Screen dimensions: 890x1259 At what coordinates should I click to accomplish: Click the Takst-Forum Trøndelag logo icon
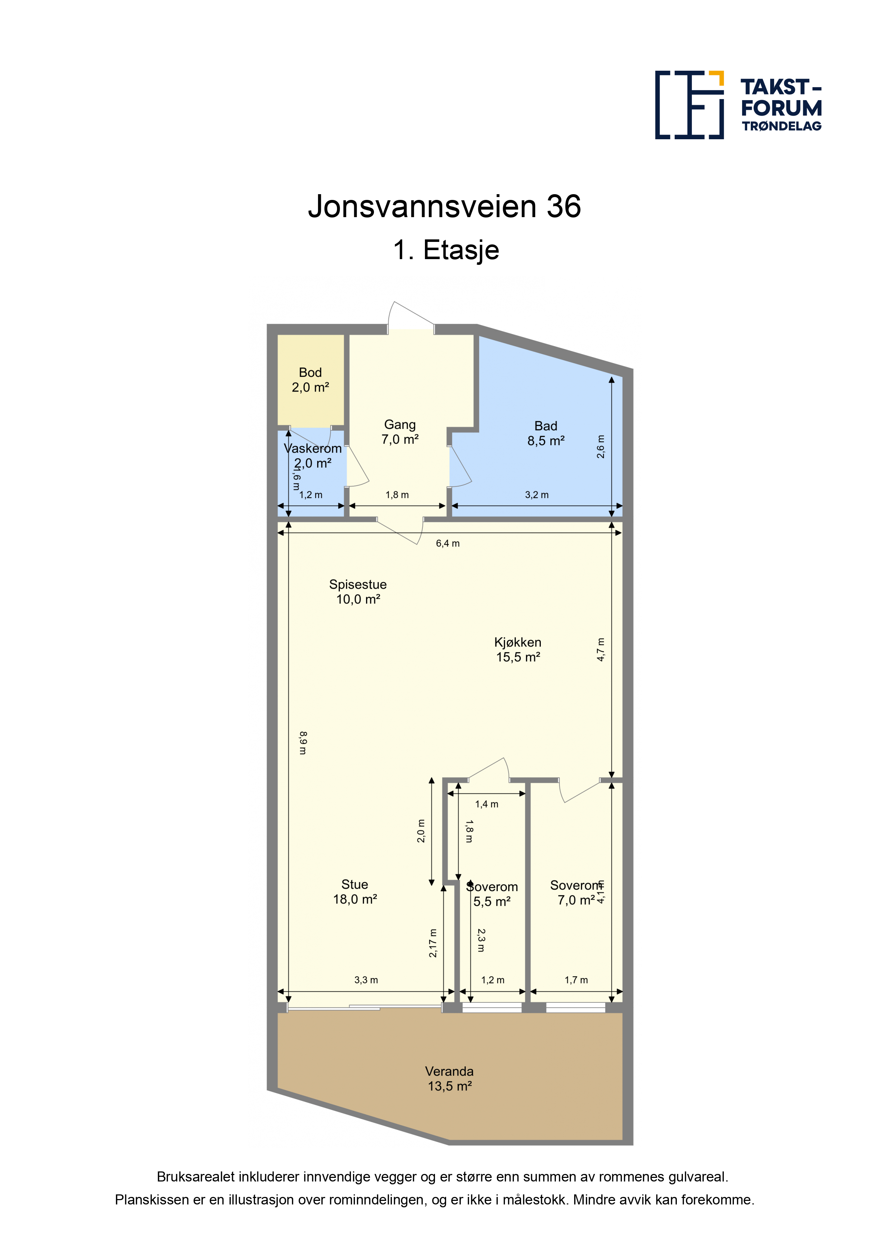tap(689, 105)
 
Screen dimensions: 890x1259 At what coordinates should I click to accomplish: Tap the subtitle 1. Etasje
tap(446, 250)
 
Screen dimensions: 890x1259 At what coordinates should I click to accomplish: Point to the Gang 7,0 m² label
tap(400, 432)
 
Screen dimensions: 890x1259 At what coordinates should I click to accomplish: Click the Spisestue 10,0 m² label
tap(358, 592)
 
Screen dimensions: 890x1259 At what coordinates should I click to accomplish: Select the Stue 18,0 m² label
tap(355, 891)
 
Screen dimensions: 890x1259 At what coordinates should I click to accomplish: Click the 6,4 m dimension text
tap(448, 543)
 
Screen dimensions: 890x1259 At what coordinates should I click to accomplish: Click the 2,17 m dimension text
tap(433, 943)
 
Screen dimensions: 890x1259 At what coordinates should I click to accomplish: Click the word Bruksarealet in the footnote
tap(196, 1177)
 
